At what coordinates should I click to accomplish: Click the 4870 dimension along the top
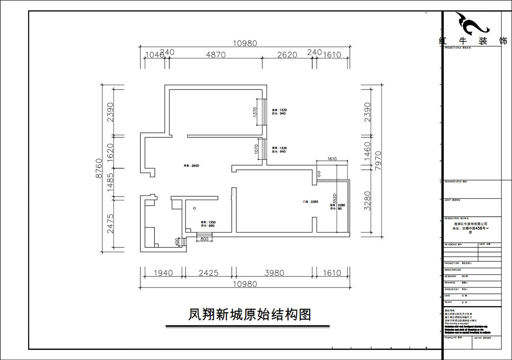215,55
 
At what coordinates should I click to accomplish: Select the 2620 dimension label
287,55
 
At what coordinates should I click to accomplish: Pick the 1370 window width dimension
255,112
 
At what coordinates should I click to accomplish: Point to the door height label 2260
310,202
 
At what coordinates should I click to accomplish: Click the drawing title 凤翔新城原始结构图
250,315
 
